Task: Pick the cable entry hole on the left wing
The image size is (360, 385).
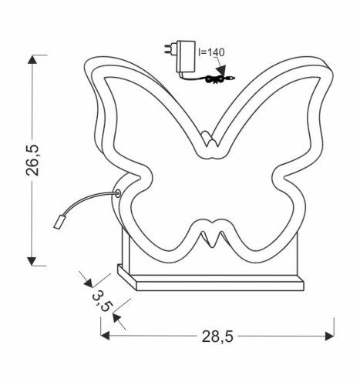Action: [x=118, y=195]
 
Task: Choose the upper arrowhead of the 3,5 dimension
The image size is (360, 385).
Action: [x=88, y=278]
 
